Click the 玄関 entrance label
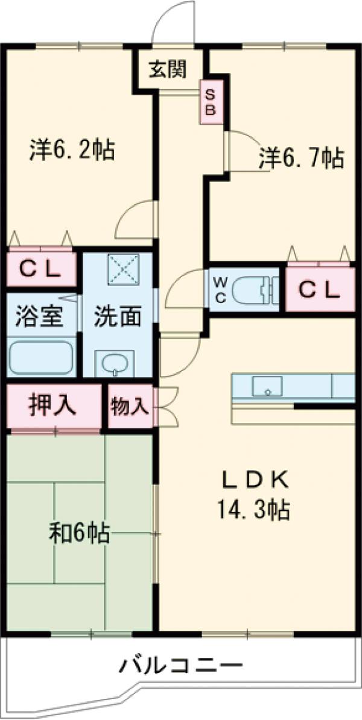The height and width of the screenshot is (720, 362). click(x=168, y=70)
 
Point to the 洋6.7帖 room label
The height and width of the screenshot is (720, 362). click(x=301, y=158)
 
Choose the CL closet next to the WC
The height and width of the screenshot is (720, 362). click(x=319, y=290)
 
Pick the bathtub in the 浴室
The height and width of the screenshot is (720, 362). click(x=41, y=358)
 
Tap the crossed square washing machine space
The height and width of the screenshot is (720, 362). click(x=123, y=268)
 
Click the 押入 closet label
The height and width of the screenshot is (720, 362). click(x=52, y=405)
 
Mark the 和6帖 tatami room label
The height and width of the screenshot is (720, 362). click(x=79, y=533)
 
